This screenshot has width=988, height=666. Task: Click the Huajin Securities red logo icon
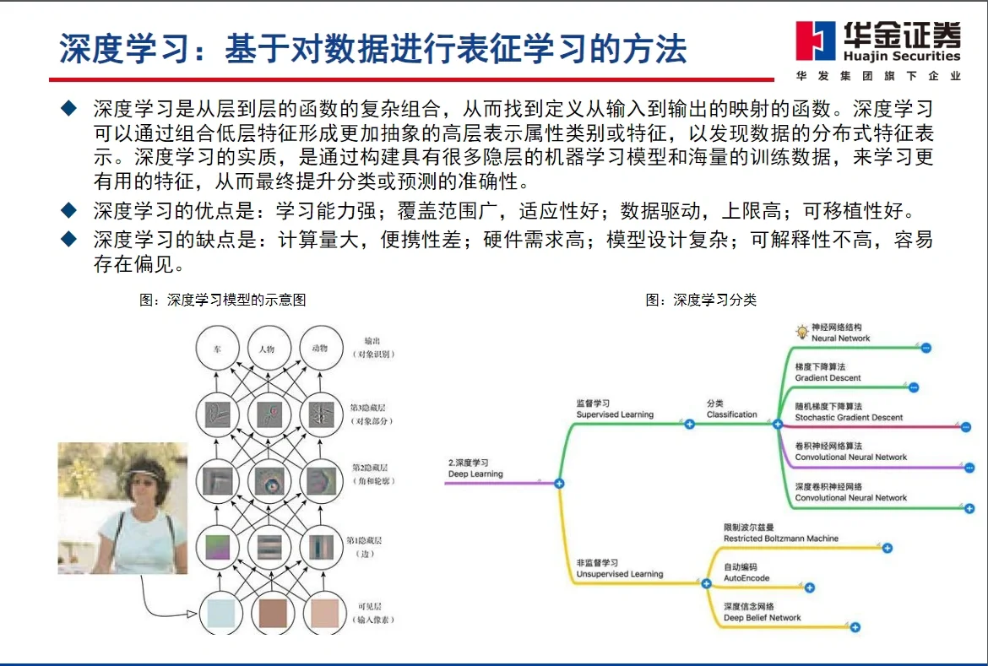(x=816, y=41)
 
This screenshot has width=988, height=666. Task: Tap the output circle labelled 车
(x=217, y=348)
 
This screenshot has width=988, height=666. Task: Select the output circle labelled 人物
(x=269, y=348)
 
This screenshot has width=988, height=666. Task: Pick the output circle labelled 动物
(x=320, y=348)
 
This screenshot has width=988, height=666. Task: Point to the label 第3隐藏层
(x=369, y=404)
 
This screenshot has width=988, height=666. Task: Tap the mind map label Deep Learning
(x=475, y=474)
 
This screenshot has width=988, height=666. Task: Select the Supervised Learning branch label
(x=615, y=414)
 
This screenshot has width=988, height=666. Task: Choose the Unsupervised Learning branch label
(x=619, y=574)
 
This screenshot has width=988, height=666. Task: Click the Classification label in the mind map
(x=731, y=414)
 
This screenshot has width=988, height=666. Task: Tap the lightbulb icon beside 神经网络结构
(x=801, y=332)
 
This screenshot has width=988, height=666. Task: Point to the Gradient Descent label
(x=828, y=378)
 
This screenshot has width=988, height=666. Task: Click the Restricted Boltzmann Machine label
(x=781, y=539)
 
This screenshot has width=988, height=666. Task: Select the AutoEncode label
(x=746, y=578)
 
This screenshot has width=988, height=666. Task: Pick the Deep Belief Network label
(x=762, y=618)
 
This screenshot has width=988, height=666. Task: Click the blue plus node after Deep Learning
(x=558, y=484)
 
